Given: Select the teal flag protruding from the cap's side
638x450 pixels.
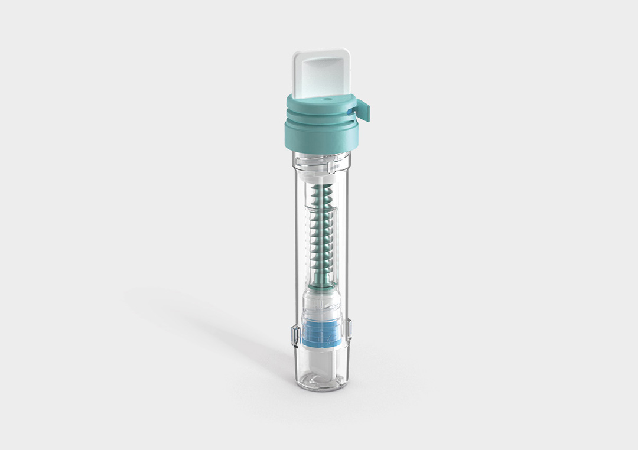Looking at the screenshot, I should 363,111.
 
